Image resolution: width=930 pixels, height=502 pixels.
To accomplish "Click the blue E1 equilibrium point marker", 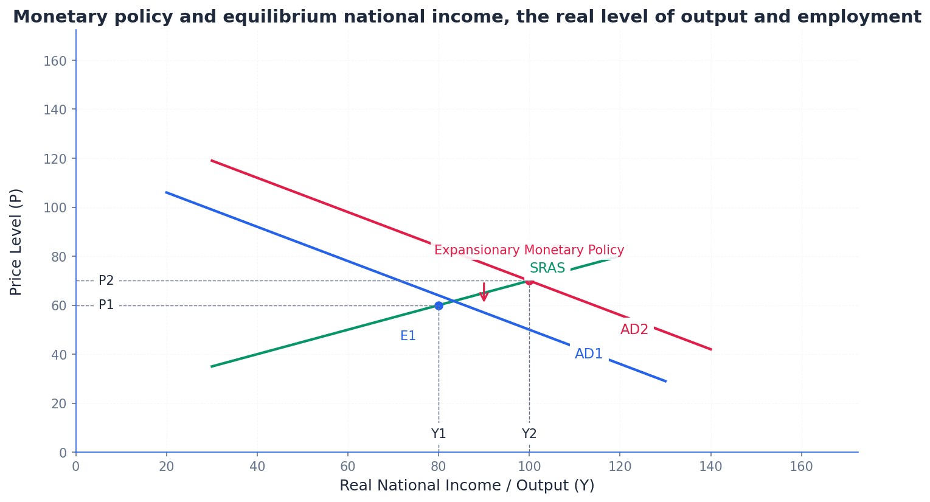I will pos(439,305).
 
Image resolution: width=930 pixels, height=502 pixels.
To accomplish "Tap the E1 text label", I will pos(408,336).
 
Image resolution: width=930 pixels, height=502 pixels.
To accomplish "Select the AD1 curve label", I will pos(589,354).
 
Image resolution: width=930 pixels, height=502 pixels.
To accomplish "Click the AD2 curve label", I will pos(634,330).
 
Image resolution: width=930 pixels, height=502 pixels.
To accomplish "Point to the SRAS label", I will pos(547,268).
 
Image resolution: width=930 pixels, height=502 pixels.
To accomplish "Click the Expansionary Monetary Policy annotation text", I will pos(529,250).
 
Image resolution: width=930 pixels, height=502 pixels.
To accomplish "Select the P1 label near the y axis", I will pos(106,305).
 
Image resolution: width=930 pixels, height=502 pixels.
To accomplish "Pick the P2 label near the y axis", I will pos(106,281).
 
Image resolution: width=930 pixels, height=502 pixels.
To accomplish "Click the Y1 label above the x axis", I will pos(439,434).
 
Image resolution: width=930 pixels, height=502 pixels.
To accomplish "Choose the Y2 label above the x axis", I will pos(529,434).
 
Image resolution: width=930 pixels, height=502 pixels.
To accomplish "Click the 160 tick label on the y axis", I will pos(55,61).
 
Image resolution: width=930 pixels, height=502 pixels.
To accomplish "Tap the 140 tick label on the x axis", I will pos(710,467).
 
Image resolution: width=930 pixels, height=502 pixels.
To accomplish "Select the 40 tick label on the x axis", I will pos(257,467).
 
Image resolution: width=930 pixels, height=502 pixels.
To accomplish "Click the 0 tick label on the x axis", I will pos(76,467).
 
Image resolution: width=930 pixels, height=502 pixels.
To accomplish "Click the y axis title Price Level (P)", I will pos(16,242).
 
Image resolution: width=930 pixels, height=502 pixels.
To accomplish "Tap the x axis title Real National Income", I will pos(467,486).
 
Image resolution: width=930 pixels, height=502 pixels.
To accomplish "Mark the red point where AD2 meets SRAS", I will pos(529,281).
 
